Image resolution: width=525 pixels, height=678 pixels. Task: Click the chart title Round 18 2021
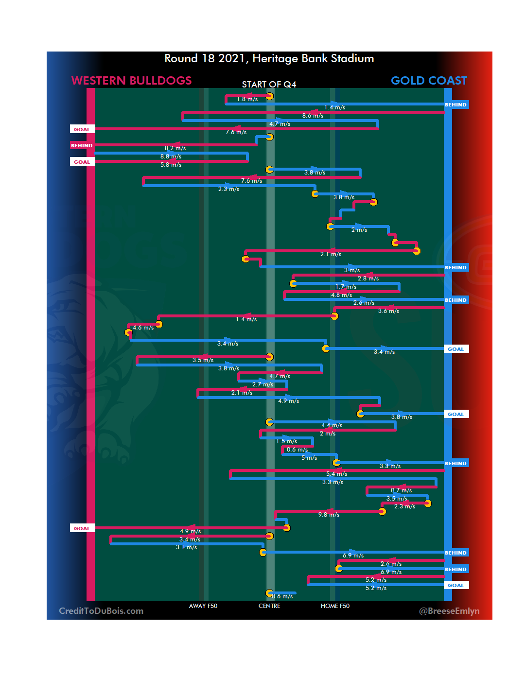pyautogui.click(x=269, y=59)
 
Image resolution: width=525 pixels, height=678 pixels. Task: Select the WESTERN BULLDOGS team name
pyautogui.click(x=131, y=81)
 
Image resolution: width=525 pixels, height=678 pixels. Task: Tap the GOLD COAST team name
pyautogui.click(x=429, y=81)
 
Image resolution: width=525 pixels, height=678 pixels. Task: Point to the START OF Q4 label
pyautogui.click(x=269, y=85)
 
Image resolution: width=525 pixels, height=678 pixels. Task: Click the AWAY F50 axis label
pyautogui.click(x=203, y=606)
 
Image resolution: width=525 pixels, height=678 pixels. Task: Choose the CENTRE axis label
pyautogui.click(x=269, y=606)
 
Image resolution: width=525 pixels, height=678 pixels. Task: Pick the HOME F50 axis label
pyautogui.click(x=335, y=606)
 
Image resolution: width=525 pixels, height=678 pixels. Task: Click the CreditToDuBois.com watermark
pyautogui.click(x=101, y=611)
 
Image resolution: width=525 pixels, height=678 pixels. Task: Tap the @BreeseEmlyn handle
pyautogui.click(x=449, y=611)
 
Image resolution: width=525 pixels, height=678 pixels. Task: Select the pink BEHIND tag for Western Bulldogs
pyautogui.click(x=82, y=145)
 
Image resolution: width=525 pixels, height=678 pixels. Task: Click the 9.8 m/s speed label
pyautogui.click(x=329, y=515)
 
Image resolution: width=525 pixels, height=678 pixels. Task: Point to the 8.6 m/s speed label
pyautogui.click(x=313, y=116)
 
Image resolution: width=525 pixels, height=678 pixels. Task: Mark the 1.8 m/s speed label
pyautogui.click(x=247, y=99)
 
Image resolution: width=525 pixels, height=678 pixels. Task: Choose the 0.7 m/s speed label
pyautogui.click(x=401, y=490)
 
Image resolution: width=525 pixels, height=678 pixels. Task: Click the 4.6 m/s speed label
pyautogui.click(x=143, y=328)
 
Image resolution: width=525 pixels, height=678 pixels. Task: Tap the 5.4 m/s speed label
pyautogui.click(x=336, y=474)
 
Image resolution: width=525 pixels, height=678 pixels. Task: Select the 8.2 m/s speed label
pyautogui.click(x=175, y=148)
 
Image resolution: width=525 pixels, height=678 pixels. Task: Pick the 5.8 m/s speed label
pyautogui.click(x=171, y=165)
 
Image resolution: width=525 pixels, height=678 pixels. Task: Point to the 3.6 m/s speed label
pyautogui.click(x=388, y=311)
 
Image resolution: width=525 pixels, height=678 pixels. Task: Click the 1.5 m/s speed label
pyautogui.click(x=286, y=441)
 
